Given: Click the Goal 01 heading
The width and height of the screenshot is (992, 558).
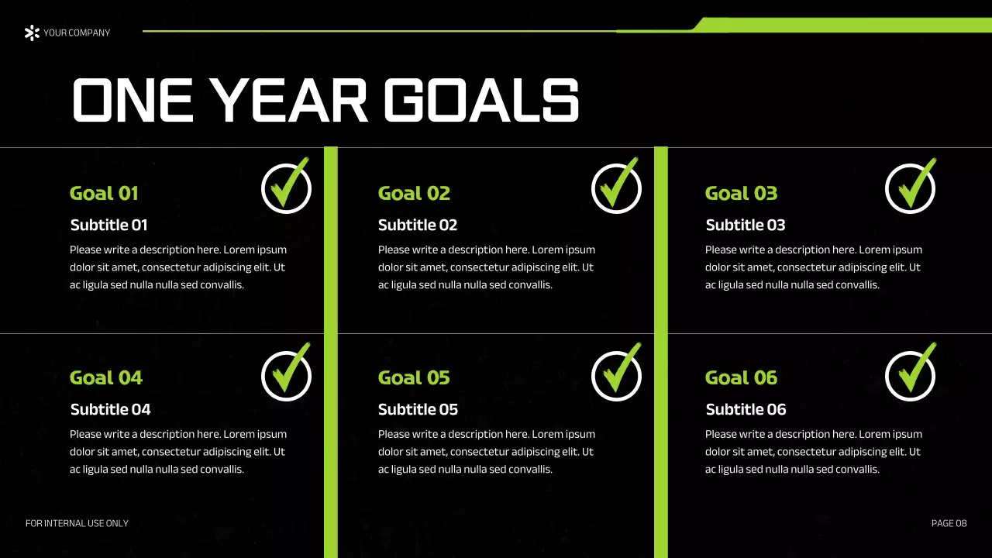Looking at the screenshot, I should tap(104, 194).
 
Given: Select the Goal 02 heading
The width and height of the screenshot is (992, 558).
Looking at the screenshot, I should tap(414, 194).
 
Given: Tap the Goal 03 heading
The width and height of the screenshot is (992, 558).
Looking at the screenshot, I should tap(741, 194).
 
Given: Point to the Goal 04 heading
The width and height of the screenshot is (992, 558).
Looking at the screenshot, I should tap(106, 378).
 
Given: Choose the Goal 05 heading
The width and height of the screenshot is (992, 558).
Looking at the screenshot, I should tap(414, 378).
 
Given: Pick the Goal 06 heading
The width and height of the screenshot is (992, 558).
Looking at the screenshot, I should tap(741, 378).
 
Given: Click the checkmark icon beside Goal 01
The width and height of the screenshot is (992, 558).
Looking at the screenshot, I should tap(286, 188).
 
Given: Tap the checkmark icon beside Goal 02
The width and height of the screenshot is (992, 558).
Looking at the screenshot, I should tap(616, 188).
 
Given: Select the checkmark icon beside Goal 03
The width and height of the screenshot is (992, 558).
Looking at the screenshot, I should tap(911, 188).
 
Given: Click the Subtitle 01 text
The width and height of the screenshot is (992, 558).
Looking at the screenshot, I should tap(108, 226).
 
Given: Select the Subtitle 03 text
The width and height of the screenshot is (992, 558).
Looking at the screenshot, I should tap(746, 226).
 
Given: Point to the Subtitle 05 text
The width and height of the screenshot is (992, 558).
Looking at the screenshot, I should tap(418, 410).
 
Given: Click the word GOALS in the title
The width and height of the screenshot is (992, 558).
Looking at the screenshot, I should tap(481, 102).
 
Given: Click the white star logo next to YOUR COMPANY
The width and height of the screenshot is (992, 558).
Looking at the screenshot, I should tap(32, 33).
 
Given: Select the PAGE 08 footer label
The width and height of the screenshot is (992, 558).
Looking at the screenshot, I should tap(949, 524).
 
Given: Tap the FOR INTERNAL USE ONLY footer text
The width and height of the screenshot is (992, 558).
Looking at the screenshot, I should tap(77, 524).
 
